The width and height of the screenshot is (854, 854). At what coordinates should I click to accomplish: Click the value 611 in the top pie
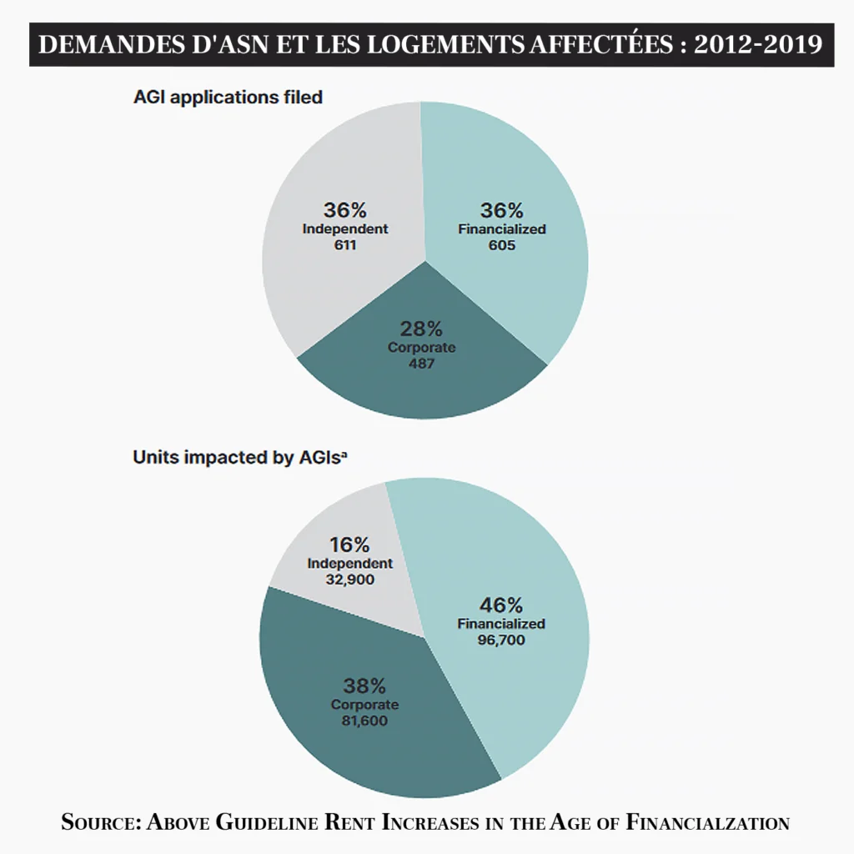345,246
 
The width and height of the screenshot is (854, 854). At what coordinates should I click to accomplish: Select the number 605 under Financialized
502,246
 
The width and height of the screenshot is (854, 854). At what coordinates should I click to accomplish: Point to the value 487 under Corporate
422,364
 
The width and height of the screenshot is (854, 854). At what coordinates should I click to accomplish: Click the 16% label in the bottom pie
349,545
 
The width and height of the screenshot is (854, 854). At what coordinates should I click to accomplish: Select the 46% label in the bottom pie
501,605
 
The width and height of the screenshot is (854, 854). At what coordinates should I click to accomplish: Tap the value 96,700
502,640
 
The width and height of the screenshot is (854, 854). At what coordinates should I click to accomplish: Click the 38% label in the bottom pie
364,686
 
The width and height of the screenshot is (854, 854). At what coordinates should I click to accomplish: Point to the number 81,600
364,721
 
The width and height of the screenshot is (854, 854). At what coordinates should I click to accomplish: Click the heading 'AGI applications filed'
228,97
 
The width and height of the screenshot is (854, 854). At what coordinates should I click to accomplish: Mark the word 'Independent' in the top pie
345,229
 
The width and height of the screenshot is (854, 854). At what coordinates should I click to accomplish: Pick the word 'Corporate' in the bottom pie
364,705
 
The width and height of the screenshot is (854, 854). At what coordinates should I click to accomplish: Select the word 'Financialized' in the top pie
502,229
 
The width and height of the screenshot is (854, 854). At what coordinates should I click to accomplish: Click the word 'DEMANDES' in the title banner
99,45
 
